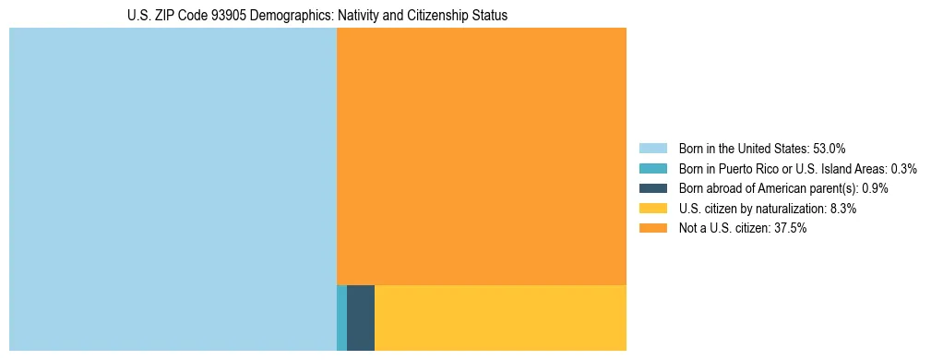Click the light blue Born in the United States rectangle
(x=173, y=189)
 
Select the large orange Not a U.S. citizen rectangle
(x=482, y=156)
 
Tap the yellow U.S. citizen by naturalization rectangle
(x=500, y=318)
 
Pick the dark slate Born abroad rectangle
(x=361, y=318)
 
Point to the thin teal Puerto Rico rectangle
(x=342, y=318)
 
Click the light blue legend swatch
(x=652, y=148)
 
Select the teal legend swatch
(x=652, y=168)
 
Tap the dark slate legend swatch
(x=652, y=188)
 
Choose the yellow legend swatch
(x=652, y=209)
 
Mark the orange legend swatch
(x=652, y=228)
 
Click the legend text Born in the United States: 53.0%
(x=762, y=148)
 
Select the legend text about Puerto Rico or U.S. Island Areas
(x=797, y=168)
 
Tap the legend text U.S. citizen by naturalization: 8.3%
(x=768, y=209)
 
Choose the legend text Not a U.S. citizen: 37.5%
(x=743, y=228)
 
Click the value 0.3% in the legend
(x=903, y=168)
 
